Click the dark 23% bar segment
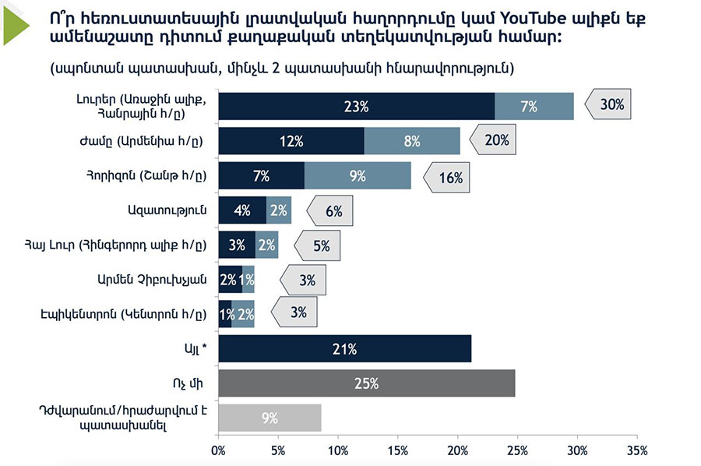click(x=356, y=106)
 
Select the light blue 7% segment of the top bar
click(x=534, y=106)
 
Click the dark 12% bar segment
click(x=291, y=141)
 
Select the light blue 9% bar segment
click(x=358, y=176)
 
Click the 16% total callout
click(x=448, y=177)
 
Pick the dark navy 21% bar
click(x=344, y=348)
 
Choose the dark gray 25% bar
click(x=366, y=383)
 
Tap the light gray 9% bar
click(x=269, y=418)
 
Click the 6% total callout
click(x=332, y=211)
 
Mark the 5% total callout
click(x=319, y=246)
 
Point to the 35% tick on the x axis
click(x=636, y=450)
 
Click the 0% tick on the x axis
click(x=219, y=450)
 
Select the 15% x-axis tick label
click(x=398, y=450)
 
